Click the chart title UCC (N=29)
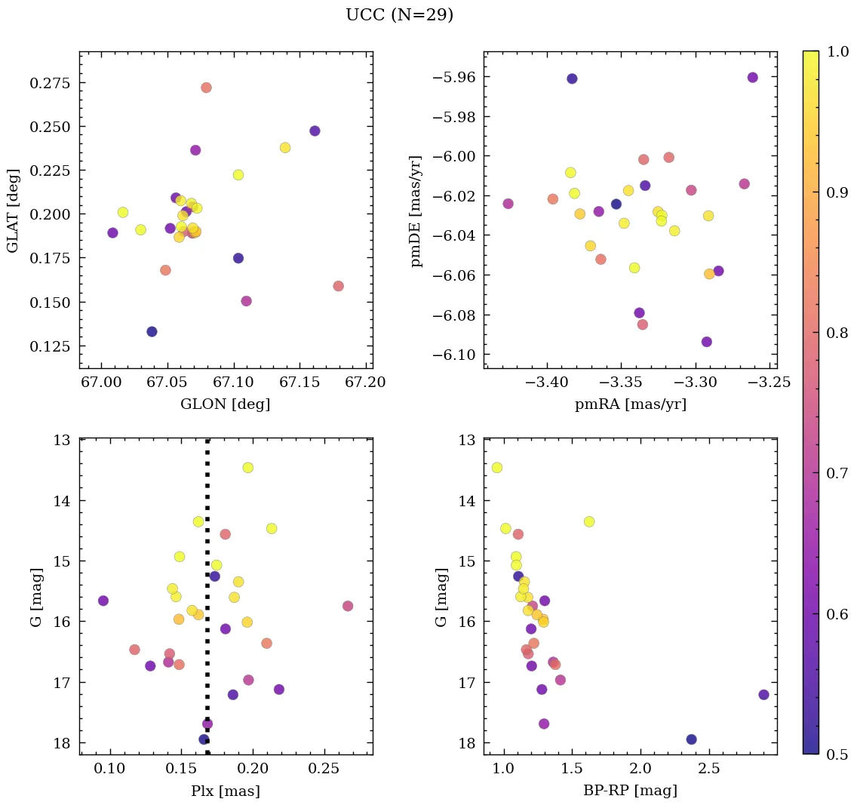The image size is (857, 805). pos(399,15)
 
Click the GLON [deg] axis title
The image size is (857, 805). pos(225,404)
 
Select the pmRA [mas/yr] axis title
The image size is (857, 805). pos(630,404)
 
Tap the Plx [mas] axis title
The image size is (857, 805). pos(226,791)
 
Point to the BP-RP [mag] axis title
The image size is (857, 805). pos(630,791)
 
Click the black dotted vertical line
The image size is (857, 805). pos(207,604)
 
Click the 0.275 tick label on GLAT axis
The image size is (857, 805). pos(49,82)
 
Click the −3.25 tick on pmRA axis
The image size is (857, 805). pos(773,383)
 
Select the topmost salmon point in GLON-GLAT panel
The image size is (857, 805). pos(206,88)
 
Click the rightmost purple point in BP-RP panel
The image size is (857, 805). pos(763,695)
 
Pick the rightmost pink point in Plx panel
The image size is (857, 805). pos(348,606)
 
